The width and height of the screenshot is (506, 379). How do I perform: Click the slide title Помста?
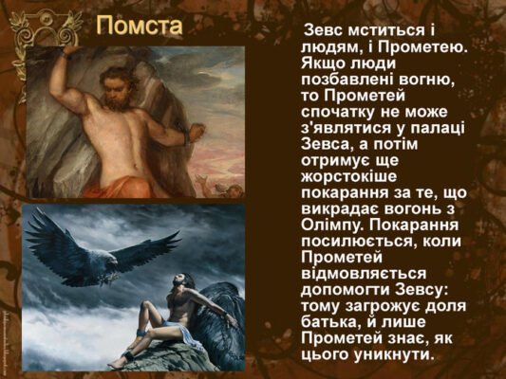(x=140, y=25)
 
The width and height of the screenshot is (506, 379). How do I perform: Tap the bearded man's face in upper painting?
(x=114, y=98)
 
